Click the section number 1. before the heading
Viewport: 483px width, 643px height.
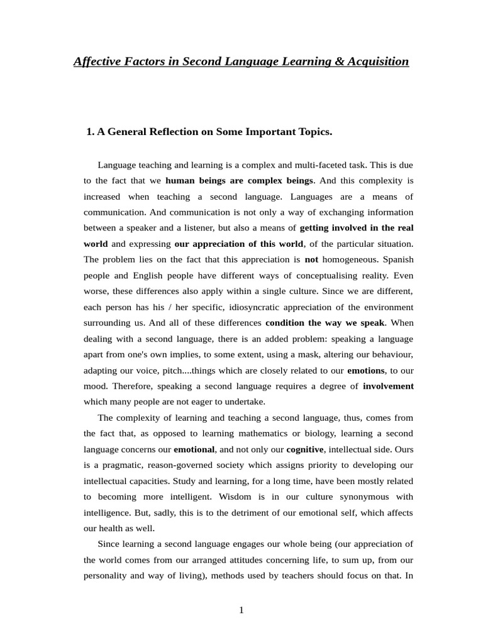[x=90, y=132]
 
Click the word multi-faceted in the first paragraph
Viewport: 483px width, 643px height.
[x=306, y=165]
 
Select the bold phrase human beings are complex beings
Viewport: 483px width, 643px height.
[x=238, y=181]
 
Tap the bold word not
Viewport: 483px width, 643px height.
[x=311, y=259]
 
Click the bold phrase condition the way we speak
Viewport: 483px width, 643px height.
[x=325, y=323]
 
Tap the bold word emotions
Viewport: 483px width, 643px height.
[x=365, y=370]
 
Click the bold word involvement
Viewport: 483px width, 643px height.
[x=388, y=386]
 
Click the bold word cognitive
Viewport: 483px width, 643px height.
[x=305, y=449]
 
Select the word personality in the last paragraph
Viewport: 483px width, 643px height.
[x=105, y=576]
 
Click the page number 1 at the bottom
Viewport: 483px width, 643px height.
[x=241, y=610]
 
